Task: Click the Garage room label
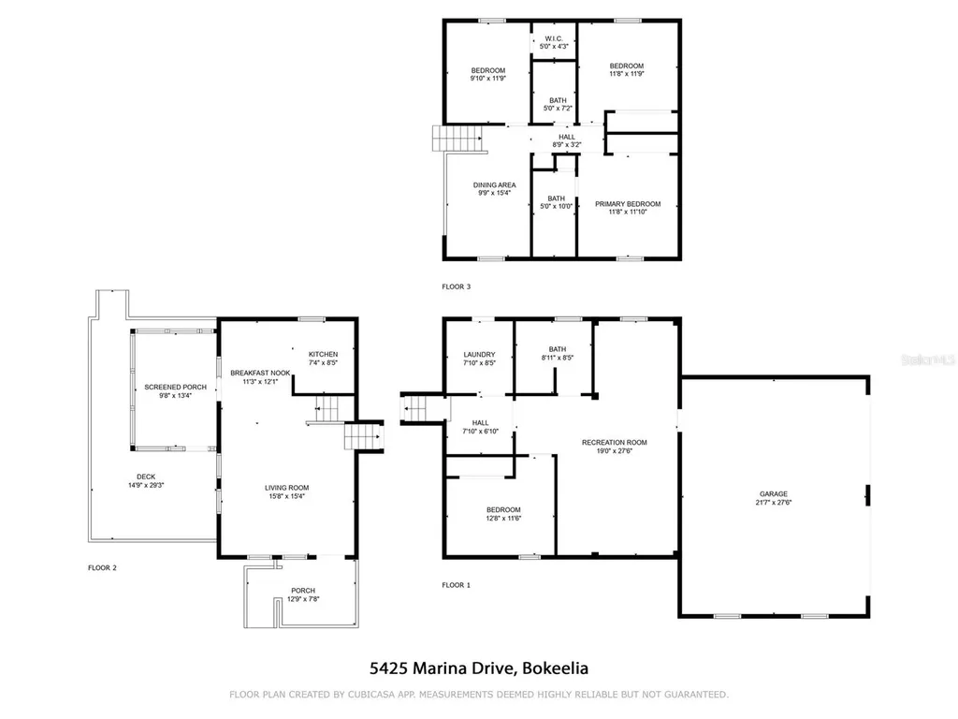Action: coord(773,493)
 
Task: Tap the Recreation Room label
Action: coord(614,442)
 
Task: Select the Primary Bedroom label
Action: coord(628,204)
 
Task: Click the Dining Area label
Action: coord(493,185)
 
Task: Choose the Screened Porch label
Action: coord(175,387)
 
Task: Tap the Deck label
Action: coord(145,477)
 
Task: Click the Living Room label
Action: coord(286,488)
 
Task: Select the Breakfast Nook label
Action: coord(260,374)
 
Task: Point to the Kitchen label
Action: coord(322,354)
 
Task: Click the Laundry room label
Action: coord(478,354)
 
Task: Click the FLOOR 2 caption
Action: coord(102,567)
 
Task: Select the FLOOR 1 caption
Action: coord(456,585)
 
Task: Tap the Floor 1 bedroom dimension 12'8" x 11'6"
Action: coord(503,518)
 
